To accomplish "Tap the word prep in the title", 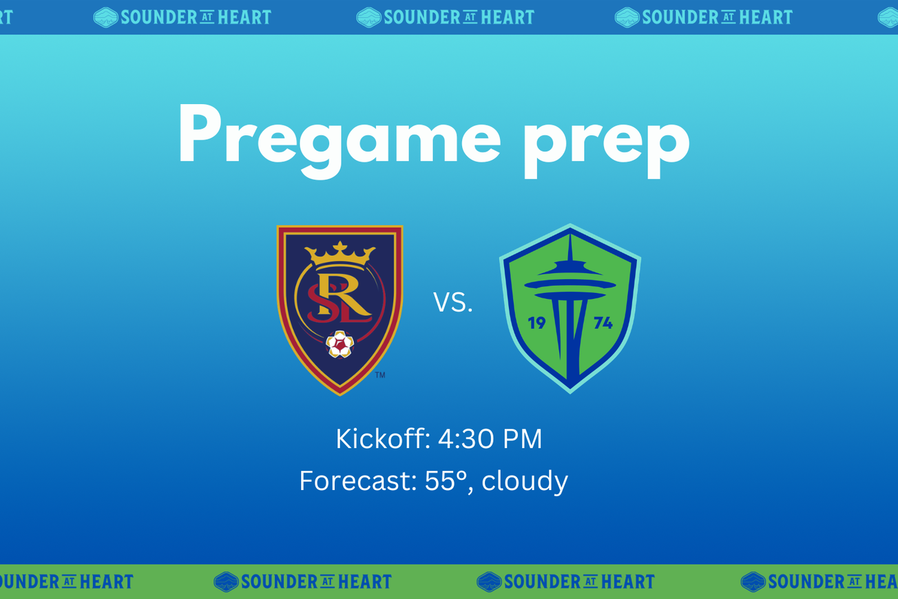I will coord(606,138).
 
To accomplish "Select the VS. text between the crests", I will coord(453,303).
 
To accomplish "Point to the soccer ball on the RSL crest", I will coord(340,344).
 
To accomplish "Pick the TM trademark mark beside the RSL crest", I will coord(380,375).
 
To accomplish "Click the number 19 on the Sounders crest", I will coord(536,323).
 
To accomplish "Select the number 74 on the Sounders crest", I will coord(603,323).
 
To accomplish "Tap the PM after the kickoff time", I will coord(523,439).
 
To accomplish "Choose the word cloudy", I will coord(525,481).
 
